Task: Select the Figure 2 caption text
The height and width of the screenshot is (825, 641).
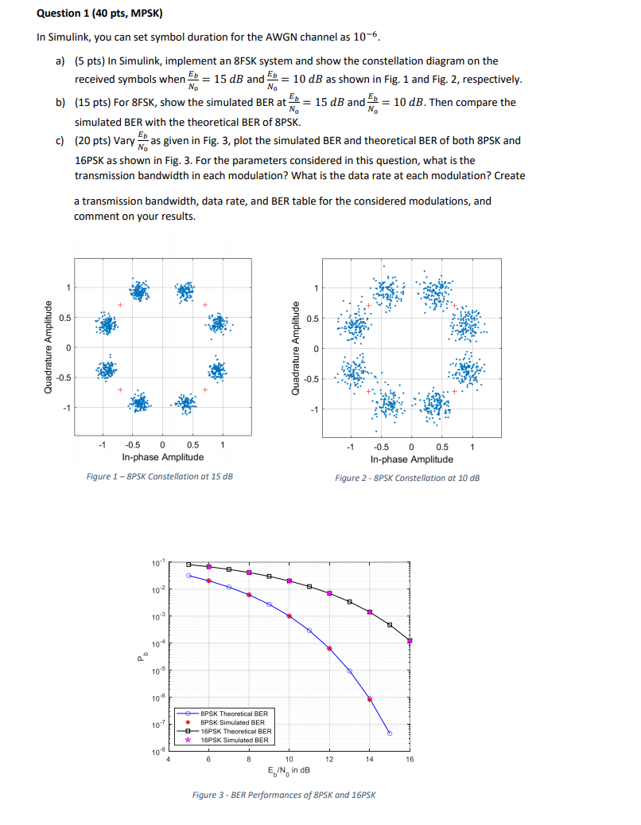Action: [407, 478]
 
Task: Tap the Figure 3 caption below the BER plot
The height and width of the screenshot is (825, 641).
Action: [284, 795]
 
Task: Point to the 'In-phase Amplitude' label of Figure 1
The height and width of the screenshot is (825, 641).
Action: [162, 457]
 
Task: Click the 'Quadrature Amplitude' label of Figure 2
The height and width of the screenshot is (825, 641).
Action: [296, 349]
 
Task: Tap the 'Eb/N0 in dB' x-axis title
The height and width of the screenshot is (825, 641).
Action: [289, 770]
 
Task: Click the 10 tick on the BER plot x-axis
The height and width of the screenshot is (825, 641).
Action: [289, 760]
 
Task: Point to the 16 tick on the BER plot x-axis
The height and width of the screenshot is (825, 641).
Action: [410, 760]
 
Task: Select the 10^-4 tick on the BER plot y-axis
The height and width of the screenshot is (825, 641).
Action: [158, 643]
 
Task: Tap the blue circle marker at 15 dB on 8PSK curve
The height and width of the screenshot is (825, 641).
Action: [390, 733]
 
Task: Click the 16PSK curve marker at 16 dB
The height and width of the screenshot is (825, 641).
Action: [410, 640]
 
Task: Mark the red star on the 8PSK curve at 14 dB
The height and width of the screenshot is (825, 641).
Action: [370, 699]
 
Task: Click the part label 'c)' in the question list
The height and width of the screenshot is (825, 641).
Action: [60, 140]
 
